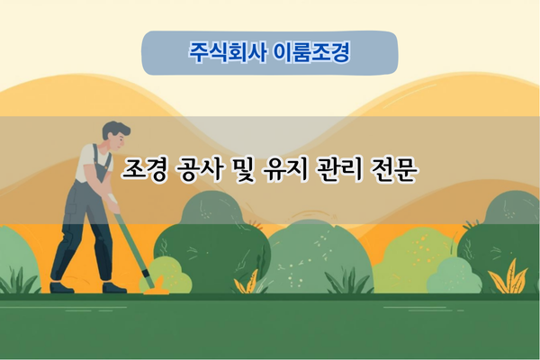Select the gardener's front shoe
point(114,287)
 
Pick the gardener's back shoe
point(61,287)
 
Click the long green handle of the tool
point(130,243)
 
